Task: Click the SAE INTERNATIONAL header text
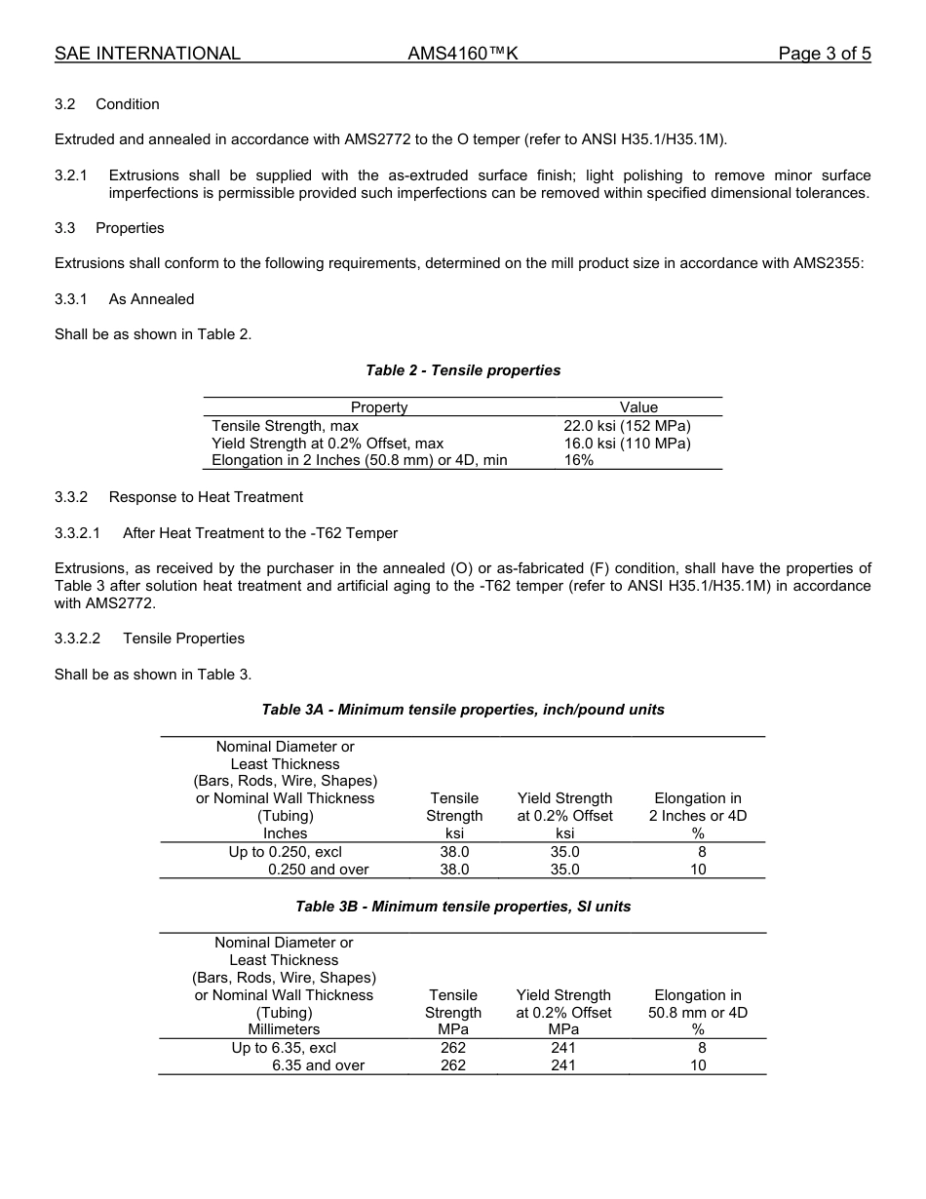tap(147, 54)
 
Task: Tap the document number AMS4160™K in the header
tap(463, 54)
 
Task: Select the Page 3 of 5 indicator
tap(824, 54)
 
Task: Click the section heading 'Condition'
tap(128, 104)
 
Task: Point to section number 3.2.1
tap(71, 175)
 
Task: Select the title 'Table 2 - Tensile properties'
tap(463, 370)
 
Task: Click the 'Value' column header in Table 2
tap(638, 407)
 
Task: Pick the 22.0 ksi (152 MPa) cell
tap(627, 426)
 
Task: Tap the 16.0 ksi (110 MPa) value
tap(627, 444)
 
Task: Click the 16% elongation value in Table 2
tap(579, 460)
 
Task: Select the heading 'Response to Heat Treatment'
tap(206, 497)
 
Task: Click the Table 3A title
tap(463, 710)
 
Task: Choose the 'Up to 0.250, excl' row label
tap(285, 852)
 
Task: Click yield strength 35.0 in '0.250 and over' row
tap(564, 870)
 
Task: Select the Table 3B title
tap(463, 907)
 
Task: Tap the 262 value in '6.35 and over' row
tap(453, 1065)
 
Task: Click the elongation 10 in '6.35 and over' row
tap(698, 1065)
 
